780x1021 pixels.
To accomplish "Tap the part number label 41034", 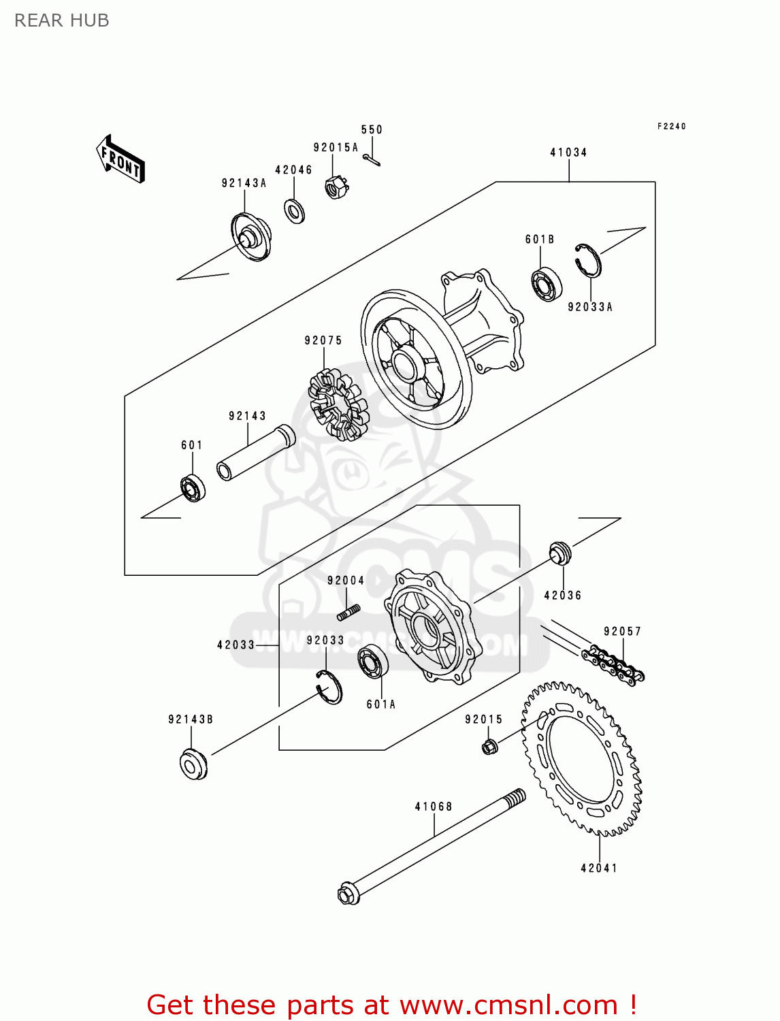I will coord(568,152).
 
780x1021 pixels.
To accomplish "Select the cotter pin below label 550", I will coord(372,160).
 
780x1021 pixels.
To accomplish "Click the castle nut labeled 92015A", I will coord(336,186).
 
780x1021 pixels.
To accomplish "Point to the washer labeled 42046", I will coord(295,211).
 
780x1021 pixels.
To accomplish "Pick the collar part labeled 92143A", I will coord(251,237).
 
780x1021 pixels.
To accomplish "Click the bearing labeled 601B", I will coord(546,285).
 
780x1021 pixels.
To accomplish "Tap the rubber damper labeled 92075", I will coord(338,404).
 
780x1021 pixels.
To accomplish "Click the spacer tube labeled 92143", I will coord(256,452).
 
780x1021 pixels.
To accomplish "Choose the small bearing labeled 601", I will coord(193,488).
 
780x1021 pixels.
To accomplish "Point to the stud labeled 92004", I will coord(348,613).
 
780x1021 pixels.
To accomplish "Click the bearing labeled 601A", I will coord(373,661).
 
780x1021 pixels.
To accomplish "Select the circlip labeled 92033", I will coord(331,687).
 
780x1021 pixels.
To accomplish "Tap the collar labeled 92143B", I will coord(193,764).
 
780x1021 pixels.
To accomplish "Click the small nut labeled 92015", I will coord(489,747).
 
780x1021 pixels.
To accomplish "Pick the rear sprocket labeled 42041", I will coord(582,758).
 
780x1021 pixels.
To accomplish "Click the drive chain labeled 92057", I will coord(613,664).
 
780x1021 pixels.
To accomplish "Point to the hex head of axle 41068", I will coord(348,893).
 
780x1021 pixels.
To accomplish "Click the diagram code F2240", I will coord(671,127).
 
